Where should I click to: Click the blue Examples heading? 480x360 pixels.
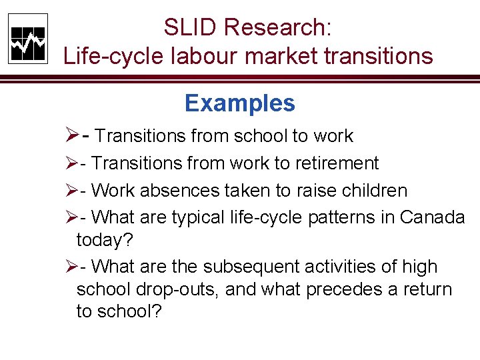click(239, 103)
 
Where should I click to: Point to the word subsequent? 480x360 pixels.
click(241, 267)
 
